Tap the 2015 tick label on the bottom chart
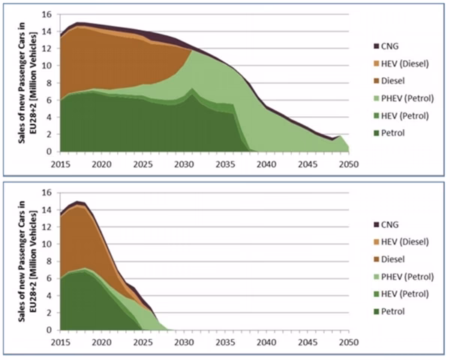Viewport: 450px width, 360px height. (x=61, y=342)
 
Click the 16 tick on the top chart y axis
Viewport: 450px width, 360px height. (x=46, y=14)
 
